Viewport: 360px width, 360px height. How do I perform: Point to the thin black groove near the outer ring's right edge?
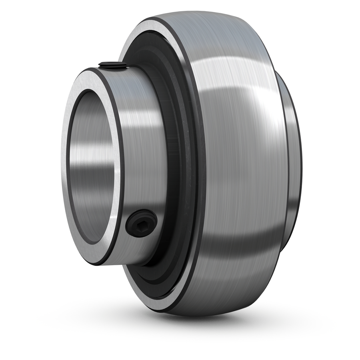click(286, 160)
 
